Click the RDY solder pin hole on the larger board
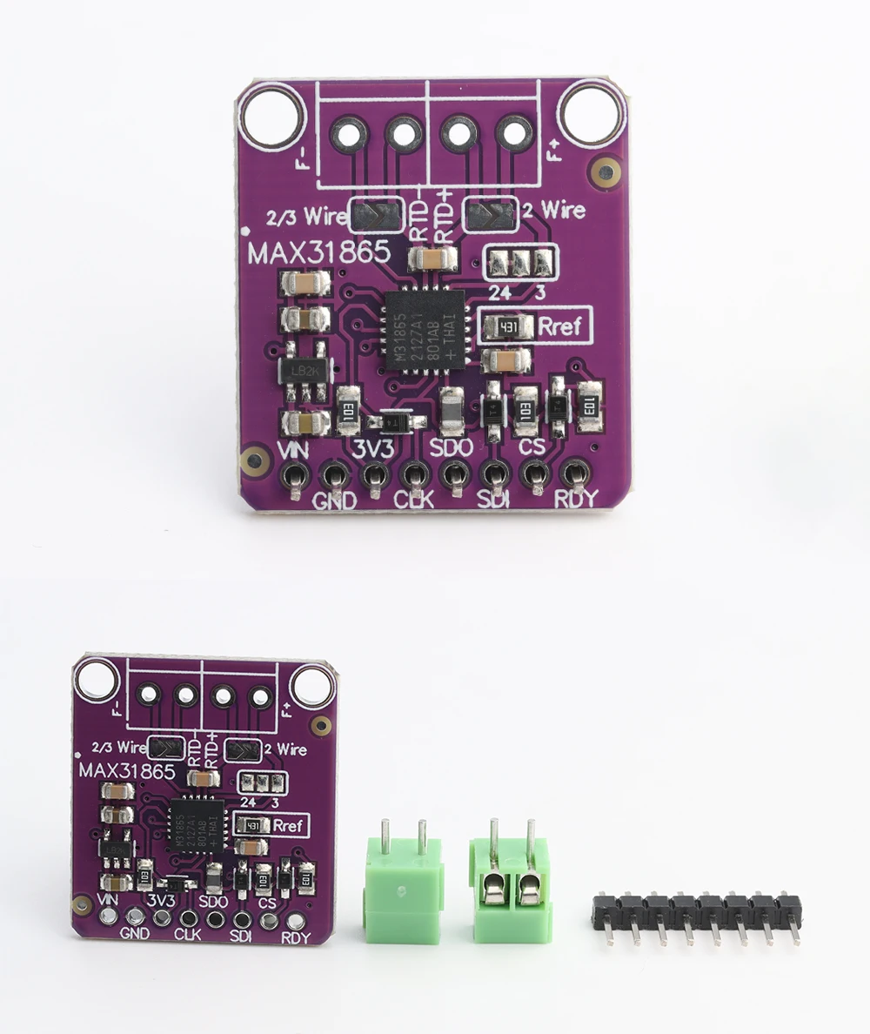pos(573,474)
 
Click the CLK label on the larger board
pos(414,501)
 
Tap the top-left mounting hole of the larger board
pos(272,114)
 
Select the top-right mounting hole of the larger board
pos(592,112)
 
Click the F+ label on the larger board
pos(553,156)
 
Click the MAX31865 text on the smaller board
pos(127,770)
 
